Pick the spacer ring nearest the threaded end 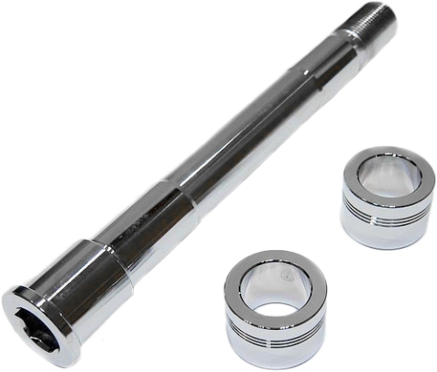[386, 197]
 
